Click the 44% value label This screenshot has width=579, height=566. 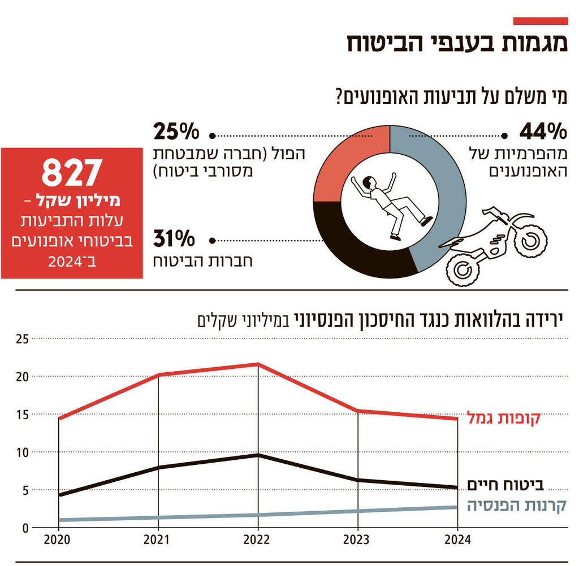point(543,132)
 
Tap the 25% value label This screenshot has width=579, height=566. point(176,132)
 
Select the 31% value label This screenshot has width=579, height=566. point(174,240)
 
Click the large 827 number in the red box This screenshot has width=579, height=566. point(72,173)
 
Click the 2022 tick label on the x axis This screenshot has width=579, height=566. point(258,539)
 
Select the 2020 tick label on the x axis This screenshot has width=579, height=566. point(59,539)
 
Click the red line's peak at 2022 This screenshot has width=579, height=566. point(258,364)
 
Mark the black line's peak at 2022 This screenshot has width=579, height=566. point(258,455)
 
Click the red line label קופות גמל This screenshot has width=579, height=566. point(503,419)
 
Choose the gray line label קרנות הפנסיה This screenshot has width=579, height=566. point(516,504)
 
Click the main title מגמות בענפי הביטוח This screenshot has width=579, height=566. point(457,44)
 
